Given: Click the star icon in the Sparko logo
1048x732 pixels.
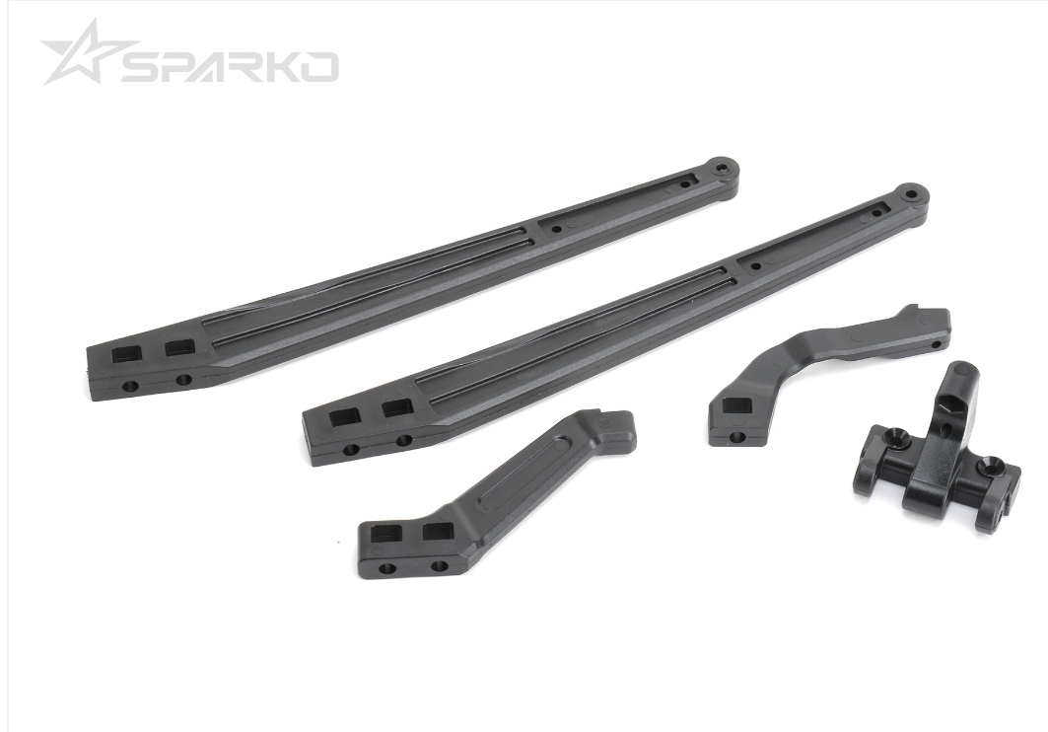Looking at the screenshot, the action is [x=80, y=53].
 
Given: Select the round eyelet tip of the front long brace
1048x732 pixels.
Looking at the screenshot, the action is [x=910, y=194].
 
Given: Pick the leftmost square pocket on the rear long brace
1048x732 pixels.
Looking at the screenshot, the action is [x=127, y=352].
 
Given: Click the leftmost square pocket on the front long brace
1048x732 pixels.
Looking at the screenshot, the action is [x=345, y=416].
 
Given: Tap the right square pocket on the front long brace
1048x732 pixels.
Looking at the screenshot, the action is [x=397, y=407].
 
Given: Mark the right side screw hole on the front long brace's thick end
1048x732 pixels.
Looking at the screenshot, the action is [x=403, y=441].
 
